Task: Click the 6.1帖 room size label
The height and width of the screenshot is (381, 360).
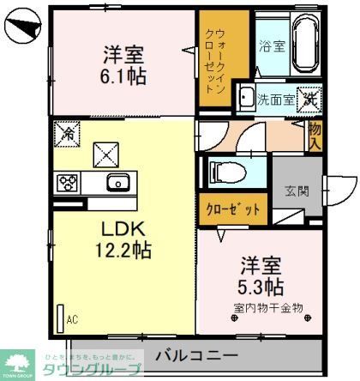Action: tap(125, 76)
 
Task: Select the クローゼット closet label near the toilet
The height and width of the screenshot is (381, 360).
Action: tap(232, 208)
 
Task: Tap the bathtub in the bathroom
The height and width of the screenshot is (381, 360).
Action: tap(305, 45)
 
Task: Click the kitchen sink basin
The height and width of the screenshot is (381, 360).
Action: tap(116, 183)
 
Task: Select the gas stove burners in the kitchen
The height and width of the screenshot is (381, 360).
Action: tap(68, 182)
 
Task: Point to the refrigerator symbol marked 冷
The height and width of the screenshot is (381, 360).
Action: tap(65, 133)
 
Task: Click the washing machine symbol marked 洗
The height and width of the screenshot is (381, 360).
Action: tap(309, 99)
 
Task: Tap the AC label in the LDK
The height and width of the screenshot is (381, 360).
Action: tap(72, 319)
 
